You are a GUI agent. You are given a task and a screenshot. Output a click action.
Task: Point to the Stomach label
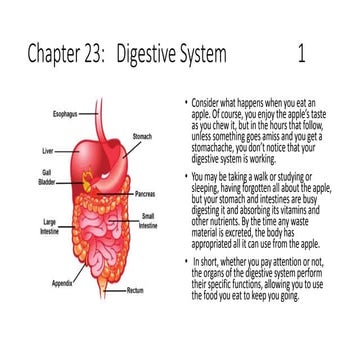coord(143,136)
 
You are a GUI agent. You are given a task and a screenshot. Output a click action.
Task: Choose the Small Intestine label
coord(147,219)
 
